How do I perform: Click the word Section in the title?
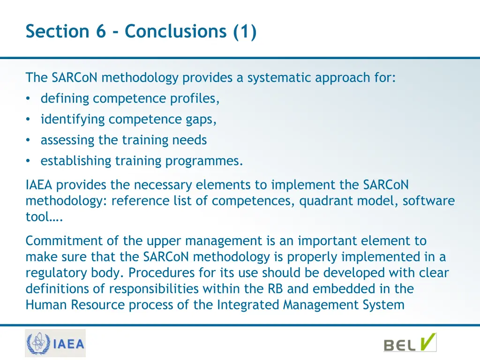pos(56,31)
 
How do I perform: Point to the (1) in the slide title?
pos(245,31)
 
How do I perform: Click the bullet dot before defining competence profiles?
pos(29,99)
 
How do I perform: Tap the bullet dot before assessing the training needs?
pos(29,140)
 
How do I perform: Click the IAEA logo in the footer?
pos(55,343)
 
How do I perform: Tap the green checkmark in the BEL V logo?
pos(427,341)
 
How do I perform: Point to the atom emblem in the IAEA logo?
pos(37,343)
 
